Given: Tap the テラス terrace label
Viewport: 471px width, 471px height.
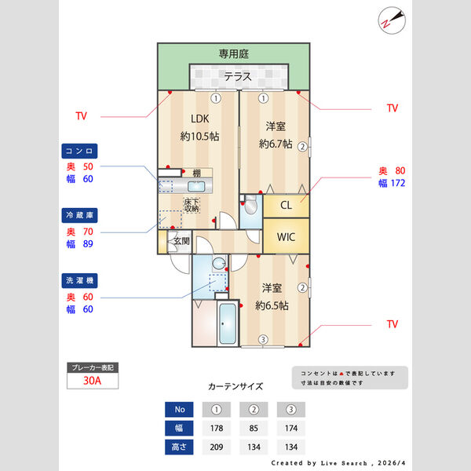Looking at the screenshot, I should [238, 77].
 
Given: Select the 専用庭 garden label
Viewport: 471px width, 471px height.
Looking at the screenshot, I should [233, 54].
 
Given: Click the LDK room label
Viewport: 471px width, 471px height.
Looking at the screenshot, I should [199, 120].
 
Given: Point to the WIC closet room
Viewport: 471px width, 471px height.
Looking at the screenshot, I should [286, 237].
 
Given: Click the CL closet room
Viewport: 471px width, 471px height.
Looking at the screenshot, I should [286, 206].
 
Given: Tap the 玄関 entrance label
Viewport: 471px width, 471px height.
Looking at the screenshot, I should [181, 241].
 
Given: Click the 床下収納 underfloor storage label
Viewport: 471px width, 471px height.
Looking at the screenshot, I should [192, 206].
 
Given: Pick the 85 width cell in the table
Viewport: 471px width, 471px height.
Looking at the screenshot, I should [253, 429].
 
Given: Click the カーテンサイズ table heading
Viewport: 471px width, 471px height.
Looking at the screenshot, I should [235, 387].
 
